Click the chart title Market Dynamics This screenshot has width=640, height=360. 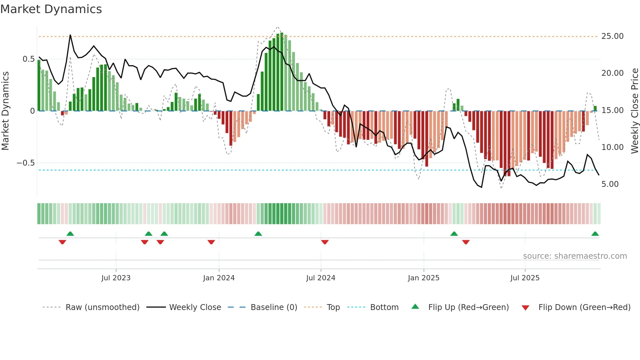(51, 9)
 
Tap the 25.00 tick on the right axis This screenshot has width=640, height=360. (612, 36)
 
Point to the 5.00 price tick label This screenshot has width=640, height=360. (610, 184)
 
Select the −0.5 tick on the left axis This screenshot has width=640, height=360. (25, 163)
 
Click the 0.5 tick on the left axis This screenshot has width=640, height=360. (28, 59)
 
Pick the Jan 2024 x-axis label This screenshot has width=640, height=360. (219, 278)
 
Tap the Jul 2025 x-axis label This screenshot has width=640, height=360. (525, 278)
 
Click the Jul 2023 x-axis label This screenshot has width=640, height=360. (116, 278)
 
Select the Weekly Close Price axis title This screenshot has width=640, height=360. (634, 111)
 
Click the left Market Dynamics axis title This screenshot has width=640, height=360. (5, 111)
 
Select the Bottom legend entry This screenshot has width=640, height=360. (384, 307)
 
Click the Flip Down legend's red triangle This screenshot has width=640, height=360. (525, 308)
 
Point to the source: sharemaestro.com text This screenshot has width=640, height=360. (575, 256)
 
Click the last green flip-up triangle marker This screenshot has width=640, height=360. (595, 234)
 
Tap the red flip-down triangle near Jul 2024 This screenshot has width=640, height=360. (325, 242)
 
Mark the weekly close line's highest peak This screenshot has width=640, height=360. (70, 35)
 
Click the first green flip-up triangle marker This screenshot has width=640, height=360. (70, 234)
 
